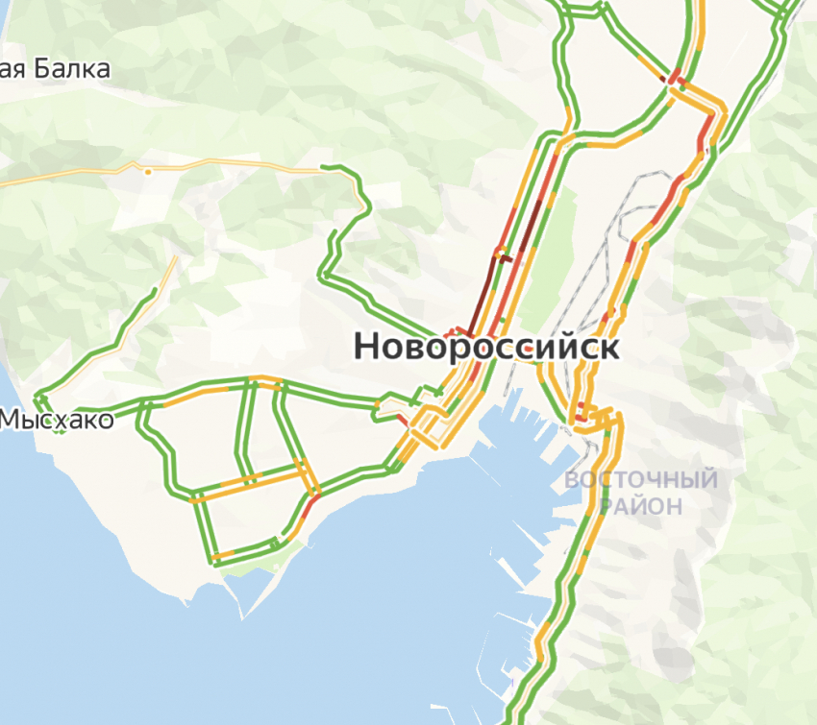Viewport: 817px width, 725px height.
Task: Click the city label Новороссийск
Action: (486, 347)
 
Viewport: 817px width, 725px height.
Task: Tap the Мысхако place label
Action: (57, 420)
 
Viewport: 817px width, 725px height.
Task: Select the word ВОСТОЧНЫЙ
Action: (641, 479)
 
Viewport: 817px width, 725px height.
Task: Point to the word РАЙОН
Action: (641, 505)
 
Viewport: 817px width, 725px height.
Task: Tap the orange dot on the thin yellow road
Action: (147, 172)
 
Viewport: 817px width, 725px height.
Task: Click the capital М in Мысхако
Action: (12, 420)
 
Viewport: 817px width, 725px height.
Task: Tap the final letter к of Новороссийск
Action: (608, 348)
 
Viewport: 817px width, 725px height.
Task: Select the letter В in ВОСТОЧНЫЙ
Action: (573, 479)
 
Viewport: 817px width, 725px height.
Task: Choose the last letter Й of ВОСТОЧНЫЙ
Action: (708, 478)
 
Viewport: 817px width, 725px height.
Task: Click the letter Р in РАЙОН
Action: (607, 505)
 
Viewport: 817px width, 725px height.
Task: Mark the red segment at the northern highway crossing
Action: (673, 77)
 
